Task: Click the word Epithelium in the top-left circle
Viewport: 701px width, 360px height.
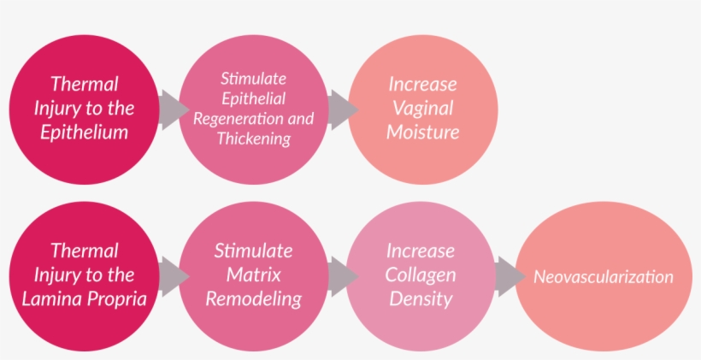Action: [x=84, y=133]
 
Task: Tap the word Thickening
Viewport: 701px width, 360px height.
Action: [x=253, y=139]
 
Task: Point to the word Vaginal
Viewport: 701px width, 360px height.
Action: [x=422, y=109]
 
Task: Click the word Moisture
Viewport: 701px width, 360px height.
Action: [x=422, y=133]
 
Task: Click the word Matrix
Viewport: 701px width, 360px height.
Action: [x=253, y=275]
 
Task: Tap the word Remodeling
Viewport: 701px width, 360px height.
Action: [x=253, y=299]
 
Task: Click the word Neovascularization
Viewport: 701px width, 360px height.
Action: [x=603, y=277]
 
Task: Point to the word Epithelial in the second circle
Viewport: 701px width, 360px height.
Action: [x=253, y=98]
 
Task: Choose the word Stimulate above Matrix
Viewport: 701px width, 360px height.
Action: [x=253, y=251]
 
